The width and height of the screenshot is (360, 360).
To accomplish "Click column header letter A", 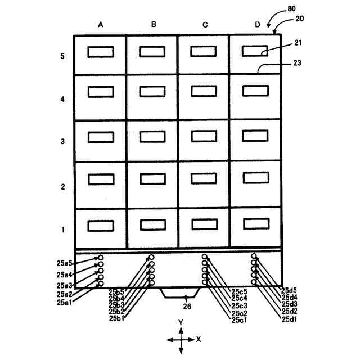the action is (100, 25).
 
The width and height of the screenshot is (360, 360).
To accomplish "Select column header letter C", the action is (205, 25).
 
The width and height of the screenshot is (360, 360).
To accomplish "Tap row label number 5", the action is (63, 56).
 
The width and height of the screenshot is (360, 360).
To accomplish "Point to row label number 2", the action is (63, 187).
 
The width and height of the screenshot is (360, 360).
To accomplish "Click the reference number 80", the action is (291, 8).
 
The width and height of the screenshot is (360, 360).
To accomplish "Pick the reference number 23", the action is (298, 63).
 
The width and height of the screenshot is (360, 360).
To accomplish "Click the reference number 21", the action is (298, 43).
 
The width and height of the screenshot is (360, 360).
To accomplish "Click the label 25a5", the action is (65, 263).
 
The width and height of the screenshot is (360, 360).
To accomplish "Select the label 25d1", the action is (290, 319).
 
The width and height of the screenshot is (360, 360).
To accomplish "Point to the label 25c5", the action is (238, 291).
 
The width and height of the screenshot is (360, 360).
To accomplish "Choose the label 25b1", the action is (116, 319).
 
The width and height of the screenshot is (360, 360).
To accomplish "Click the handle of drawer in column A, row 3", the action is (100, 137).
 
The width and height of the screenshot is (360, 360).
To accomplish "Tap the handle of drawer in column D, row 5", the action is (255, 51).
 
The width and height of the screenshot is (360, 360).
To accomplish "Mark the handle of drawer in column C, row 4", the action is (203, 92).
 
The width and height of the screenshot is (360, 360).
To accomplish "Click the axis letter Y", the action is (181, 322).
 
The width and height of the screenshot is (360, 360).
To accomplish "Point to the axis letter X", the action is (199, 340).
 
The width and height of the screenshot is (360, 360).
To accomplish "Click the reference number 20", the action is (299, 19).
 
